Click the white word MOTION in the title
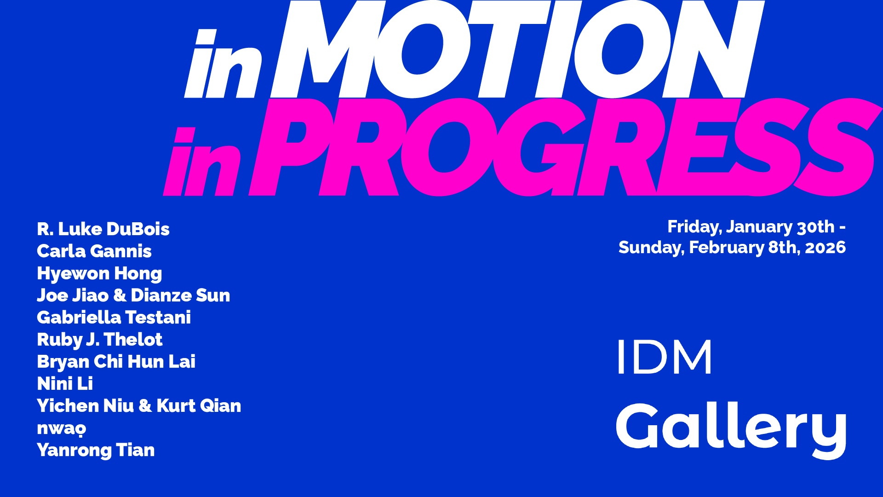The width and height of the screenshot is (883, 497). pos(517,49)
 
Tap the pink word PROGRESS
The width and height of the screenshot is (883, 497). pos(565,147)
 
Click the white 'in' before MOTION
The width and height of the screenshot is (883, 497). pos(224,64)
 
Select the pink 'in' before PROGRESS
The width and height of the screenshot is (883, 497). pos(202,162)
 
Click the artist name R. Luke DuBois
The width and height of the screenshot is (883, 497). pos(103,229)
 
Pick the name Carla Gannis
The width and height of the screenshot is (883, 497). pos(94,251)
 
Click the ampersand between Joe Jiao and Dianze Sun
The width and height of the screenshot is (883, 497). pos(120,295)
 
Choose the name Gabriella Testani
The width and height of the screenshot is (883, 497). pos(114,318)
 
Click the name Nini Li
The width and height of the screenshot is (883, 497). pos(65,384)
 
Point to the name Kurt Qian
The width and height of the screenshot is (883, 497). pos(199,406)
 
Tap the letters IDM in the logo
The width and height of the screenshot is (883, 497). pos(665,357)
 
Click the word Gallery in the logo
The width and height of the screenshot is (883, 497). pos(731,430)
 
